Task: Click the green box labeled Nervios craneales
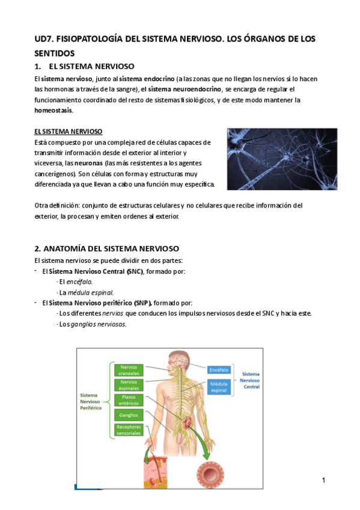(x=129, y=369)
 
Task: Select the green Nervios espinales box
(x=129, y=385)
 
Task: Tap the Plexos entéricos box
(x=129, y=401)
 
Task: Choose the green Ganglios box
(x=129, y=415)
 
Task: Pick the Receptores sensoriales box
(x=129, y=429)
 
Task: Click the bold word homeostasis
(x=54, y=111)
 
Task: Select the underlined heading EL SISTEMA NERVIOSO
(x=69, y=131)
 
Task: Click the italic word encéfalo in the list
(x=79, y=281)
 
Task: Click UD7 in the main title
(x=43, y=39)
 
